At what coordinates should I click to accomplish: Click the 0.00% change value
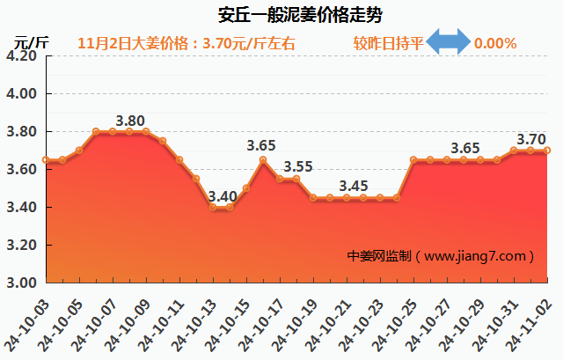[494, 42]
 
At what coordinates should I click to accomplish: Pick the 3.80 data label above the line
[130, 121]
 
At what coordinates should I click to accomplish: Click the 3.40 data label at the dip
[222, 195]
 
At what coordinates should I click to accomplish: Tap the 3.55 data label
[298, 166]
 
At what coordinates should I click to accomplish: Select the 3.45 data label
[353, 186]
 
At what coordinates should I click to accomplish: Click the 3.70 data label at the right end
[530, 139]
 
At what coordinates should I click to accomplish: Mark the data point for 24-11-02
[547, 151]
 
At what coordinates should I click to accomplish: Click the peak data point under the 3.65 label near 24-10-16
[263, 159]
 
